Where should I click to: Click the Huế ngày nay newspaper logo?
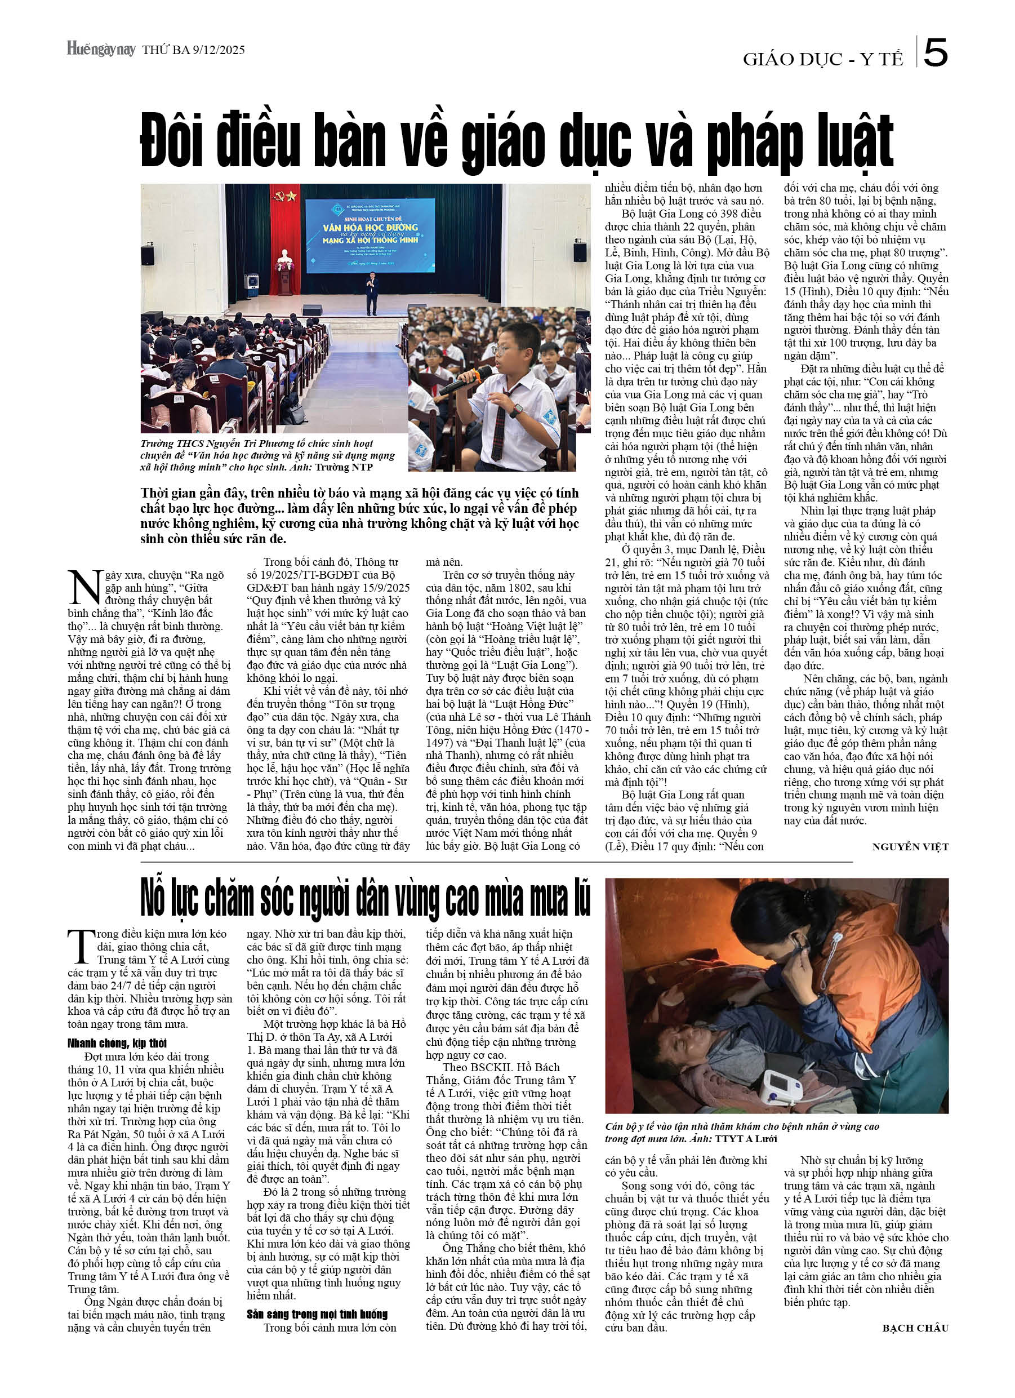coord(101,50)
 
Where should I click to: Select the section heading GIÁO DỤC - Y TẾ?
coord(822,59)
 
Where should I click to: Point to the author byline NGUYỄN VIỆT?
coord(910,847)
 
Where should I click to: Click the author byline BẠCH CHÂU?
coord(915,1328)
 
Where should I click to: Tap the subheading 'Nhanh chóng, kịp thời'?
coord(117,1043)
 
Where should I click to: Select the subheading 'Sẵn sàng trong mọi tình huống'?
coord(317,1314)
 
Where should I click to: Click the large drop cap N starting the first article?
coord(84,588)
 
